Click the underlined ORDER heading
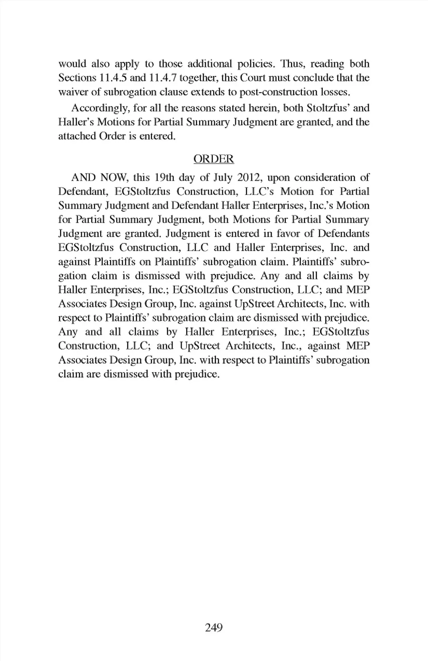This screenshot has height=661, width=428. coord(214,159)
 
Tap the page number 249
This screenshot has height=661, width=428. coord(214,628)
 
